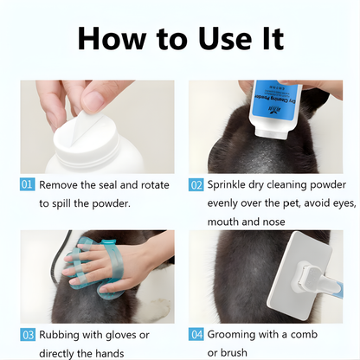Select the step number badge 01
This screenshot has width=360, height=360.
pyautogui.click(x=26, y=185)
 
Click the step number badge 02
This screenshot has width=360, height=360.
pyautogui.click(x=196, y=185)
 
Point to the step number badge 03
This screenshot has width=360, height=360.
pyautogui.click(x=26, y=334)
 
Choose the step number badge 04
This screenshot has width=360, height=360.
pyautogui.click(x=196, y=334)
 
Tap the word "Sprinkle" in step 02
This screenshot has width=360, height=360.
pyautogui.click(x=233, y=185)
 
